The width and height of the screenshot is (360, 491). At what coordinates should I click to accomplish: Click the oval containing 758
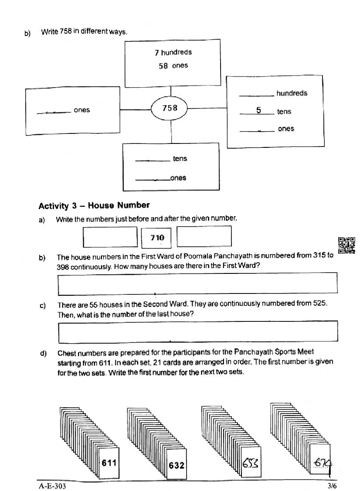click(x=170, y=108)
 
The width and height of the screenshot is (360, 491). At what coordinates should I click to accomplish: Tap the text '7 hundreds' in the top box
click(x=173, y=52)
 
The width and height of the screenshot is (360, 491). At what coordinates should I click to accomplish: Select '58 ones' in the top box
click(x=173, y=66)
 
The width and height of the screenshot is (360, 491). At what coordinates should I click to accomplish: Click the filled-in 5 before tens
click(x=258, y=110)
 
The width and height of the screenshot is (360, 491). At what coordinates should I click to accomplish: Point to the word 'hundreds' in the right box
click(x=292, y=93)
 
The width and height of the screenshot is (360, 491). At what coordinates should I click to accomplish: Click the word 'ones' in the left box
click(x=82, y=110)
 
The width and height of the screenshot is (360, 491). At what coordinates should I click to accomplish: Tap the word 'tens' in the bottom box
click(x=180, y=159)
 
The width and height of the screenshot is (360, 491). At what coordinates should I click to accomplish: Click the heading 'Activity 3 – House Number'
click(x=94, y=205)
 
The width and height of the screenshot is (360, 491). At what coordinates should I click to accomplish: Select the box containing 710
click(x=157, y=238)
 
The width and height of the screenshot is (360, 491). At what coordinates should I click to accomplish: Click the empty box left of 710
click(x=110, y=237)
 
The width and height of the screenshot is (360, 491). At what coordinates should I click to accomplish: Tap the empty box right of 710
click(x=204, y=236)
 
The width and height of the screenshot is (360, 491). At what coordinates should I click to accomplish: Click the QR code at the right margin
click(x=346, y=245)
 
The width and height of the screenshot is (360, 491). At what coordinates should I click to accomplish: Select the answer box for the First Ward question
click(x=197, y=283)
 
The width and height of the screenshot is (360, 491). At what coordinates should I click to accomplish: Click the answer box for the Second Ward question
click(x=197, y=331)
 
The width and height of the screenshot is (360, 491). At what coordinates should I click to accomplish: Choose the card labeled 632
click(x=177, y=465)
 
